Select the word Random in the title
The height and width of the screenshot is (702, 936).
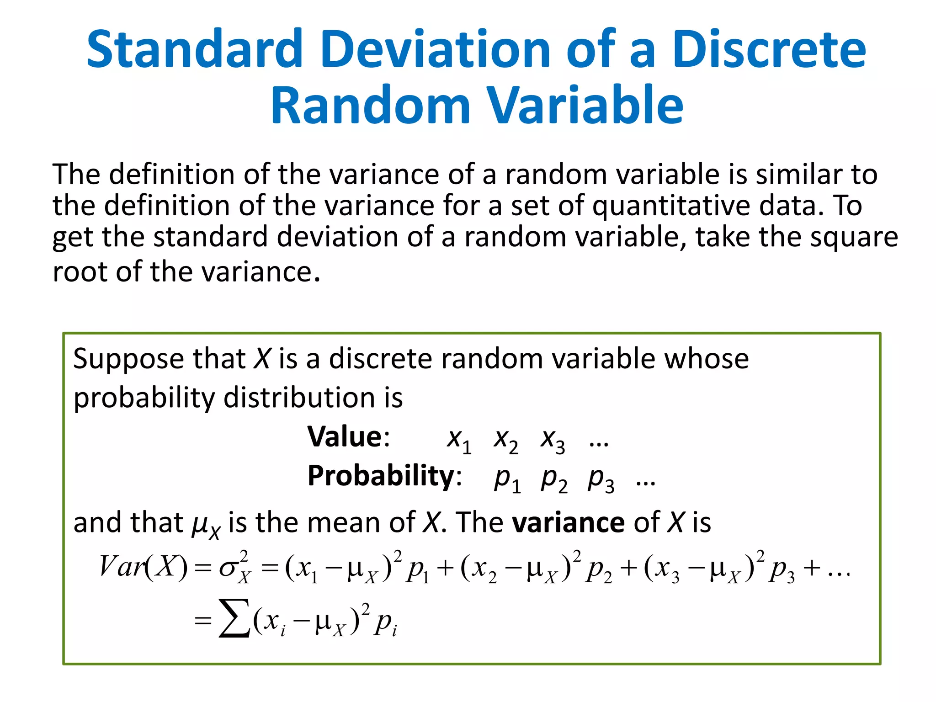tap(370, 106)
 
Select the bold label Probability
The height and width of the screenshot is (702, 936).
tap(381, 476)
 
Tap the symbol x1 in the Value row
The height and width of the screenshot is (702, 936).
tap(459, 440)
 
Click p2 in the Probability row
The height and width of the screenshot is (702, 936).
tap(554, 480)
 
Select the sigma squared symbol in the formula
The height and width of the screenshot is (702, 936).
tap(235, 568)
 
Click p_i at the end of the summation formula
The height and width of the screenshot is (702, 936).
tap(385, 622)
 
